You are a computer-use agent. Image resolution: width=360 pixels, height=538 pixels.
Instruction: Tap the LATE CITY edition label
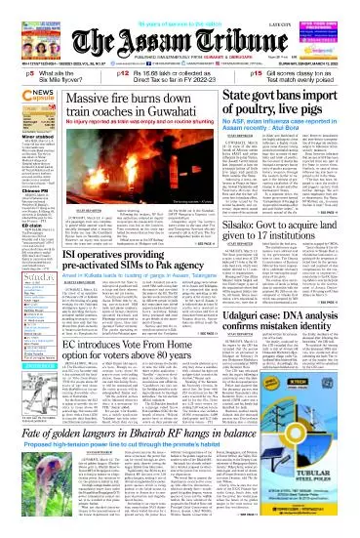333,12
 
